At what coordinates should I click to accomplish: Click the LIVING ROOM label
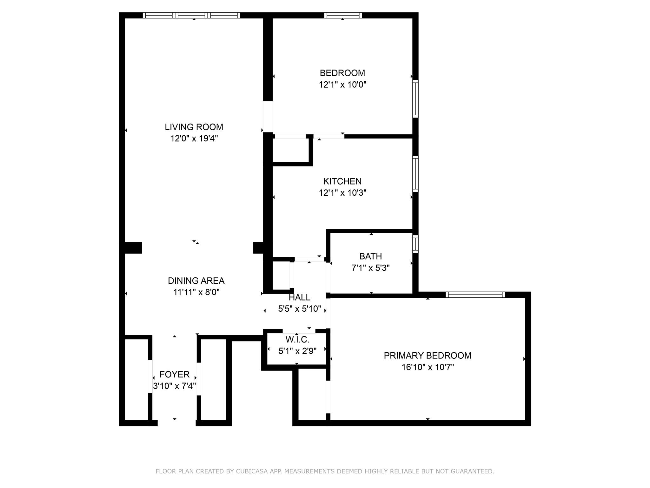point(194,127)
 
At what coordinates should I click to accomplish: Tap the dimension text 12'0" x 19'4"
point(194,139)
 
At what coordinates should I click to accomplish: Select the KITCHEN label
point(342,181)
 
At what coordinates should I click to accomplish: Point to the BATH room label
point(370,256)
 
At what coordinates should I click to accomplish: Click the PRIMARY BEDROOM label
point(427,356)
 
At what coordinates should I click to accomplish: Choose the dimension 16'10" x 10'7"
point(427,367)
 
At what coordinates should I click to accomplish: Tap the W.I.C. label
point(297,340)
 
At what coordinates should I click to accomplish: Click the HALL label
point(299,297)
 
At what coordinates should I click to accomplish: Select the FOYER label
point(174,375)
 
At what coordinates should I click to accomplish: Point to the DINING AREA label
point(196,281)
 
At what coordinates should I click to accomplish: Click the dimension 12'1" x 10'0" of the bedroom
point(342,85)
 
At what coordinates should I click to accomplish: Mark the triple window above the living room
point(191,15)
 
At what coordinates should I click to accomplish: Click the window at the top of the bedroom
point(343,15)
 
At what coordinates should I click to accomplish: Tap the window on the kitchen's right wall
point(415,174)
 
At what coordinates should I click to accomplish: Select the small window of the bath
point(415,244)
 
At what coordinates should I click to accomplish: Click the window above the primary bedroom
point(475,295)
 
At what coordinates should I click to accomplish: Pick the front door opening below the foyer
point(176,423)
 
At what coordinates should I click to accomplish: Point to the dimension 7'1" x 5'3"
point(370,268)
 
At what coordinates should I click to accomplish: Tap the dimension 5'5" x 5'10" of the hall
point(299,309)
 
